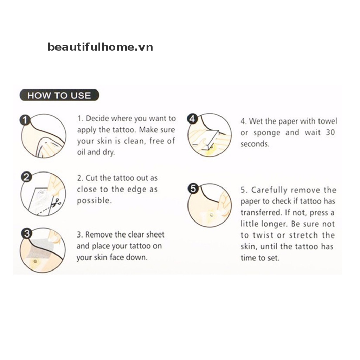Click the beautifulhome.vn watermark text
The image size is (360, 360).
pyautogui.click(x=100, y=47)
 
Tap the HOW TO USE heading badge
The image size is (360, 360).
pyautogui.click(x=59, y=95)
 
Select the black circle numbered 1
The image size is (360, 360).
pyautogui.click(x=25, y=120)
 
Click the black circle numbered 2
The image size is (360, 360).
pyautogui.click(x=26, y=177)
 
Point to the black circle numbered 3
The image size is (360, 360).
pyautogui.click(x=27, y=234)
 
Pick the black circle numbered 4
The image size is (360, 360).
pyautogui.click(x=192, y=119)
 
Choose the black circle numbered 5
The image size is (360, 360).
pyautogui.click(x=193, y=189)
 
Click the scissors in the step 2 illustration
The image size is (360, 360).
pyautogui.click(x=56, y=202)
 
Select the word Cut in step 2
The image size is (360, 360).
pyautogui.click(x=91, y=178)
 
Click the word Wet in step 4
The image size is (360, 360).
pyautogui.click(x=256, y=121)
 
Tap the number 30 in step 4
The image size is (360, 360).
pyautogui.click(x=330, y=133)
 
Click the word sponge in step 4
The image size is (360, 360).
pyautogui.click(x=267, y=133)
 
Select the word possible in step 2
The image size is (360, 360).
pyautogui.click(x=94, y=201)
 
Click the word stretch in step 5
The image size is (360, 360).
pyautogui.click(x=303, y=235)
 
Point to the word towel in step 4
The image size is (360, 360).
pyautogui.click(x=327, y=121)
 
